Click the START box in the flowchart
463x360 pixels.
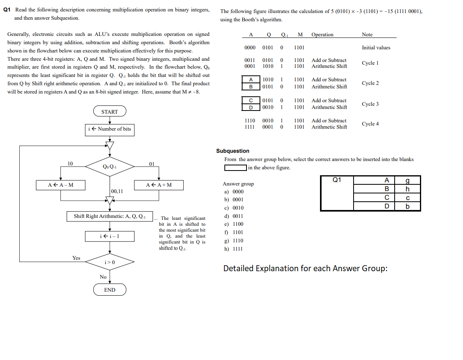click(109, 112)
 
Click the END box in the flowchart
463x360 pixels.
click(109, 290)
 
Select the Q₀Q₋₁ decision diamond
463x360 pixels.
click(109, 167)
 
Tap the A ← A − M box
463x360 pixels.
click(60, 185)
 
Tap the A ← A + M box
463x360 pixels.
click(159, 185)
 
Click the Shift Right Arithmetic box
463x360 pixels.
click(110, 216)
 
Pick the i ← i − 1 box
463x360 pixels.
click(110, 236)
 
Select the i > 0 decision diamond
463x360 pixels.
click(109, 262)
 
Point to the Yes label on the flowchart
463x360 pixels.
click(76, 258)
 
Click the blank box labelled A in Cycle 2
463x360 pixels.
click(250, 80)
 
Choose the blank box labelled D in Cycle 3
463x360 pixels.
click(250, 107)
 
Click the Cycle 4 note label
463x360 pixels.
click(370, 124)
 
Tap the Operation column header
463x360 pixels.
click(322, 35)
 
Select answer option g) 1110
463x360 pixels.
click(233, 240)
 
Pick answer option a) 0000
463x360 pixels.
click(233, 191)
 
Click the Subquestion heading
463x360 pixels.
click(233, 151)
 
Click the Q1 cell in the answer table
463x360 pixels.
click(337, 180)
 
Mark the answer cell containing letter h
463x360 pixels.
click(407, 189)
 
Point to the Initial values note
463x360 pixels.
click(376, 48)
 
